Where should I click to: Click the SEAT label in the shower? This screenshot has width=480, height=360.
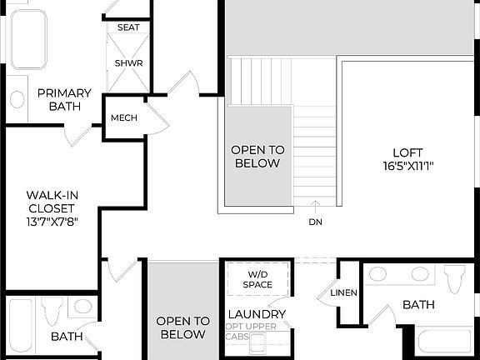point(128,27)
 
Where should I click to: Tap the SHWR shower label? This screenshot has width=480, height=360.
point(128,63)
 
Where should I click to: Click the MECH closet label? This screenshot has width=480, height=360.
point(124,118)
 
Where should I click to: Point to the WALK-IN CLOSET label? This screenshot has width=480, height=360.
point(51,201)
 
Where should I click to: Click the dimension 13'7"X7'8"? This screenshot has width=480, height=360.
point(51,222)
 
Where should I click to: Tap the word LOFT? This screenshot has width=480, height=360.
point(402,152)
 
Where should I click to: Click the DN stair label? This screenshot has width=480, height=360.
point(315,222)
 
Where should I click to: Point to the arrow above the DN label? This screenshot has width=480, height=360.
point(315,205)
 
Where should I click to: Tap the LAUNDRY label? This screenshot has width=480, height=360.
point(257,314)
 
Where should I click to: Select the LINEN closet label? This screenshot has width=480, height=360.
point(344,292)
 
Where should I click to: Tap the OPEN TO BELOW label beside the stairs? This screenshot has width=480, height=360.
point(257,157)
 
